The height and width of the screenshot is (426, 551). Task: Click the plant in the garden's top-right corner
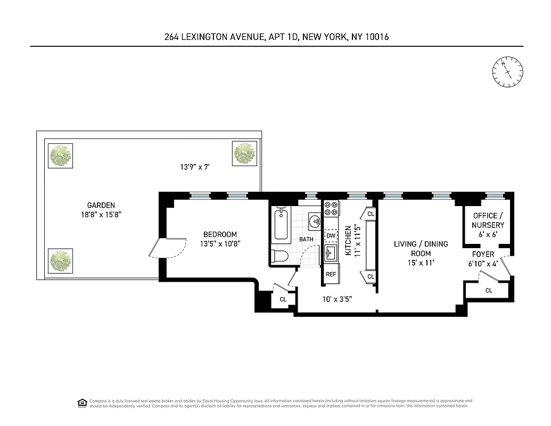point(245,153)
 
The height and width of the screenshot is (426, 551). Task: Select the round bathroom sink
point(315,220)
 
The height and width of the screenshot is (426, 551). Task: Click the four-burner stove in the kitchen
point(331,208)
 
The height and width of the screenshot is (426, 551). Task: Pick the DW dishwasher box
point(331,235)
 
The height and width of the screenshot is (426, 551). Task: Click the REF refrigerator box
point(331,274)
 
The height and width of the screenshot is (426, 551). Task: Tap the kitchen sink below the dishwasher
point(331,252)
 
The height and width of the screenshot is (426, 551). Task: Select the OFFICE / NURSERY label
point(488,220)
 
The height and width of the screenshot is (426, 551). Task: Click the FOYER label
point(483,254)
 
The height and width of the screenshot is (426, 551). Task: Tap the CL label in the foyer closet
point(489,290)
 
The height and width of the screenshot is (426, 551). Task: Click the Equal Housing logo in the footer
point(83,403)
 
